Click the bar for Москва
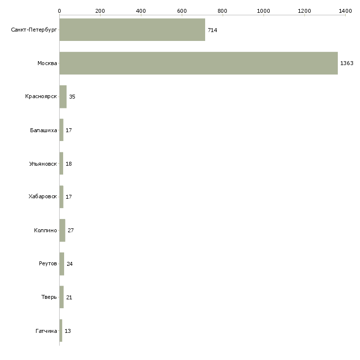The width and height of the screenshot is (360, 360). [198, 63]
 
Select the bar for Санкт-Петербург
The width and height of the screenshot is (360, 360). [132, 30]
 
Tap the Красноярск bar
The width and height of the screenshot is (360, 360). [63, 97]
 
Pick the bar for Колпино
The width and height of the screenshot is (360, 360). [62, 230]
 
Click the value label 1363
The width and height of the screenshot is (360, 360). [347, 64]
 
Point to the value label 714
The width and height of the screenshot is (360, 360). [213, 30]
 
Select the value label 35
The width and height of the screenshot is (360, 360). [72, 97]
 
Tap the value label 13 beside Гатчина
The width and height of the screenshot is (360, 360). [68, 331]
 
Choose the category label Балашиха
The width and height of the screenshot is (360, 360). [43, 130]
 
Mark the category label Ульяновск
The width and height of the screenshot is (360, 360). [43, 164]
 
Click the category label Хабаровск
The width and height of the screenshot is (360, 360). [43, 197]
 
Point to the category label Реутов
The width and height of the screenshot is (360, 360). [48, 264]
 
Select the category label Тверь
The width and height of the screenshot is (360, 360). [49, 297]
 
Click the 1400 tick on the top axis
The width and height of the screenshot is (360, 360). [345, 10]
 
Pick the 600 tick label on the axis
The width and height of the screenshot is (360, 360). [181, 10]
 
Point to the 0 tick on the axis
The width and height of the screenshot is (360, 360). [59, 10]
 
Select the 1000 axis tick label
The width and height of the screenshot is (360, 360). [263, 10]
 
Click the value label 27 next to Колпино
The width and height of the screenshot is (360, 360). [71, 230]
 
